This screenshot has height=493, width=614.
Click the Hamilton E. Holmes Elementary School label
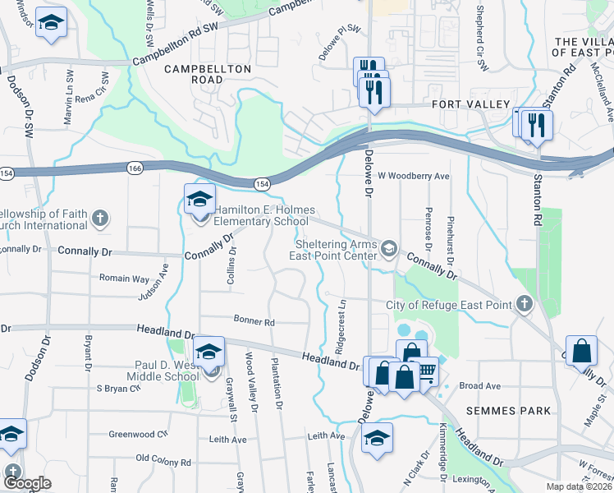click(x=261, y=215)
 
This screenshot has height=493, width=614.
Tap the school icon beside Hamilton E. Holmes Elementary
click(x=199, y=200)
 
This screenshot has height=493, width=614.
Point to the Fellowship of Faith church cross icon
click(x=99, y=219)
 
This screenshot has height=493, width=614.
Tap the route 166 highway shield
click(x=134, y=168)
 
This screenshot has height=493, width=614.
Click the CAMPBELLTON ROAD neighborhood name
click(x=194, y=75)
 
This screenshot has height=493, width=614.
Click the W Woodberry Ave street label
click(x=414, y=176)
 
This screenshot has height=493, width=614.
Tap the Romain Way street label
click(x=124, y=279)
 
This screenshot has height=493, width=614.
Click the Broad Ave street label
click(x=480, y=385)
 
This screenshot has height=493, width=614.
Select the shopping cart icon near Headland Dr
click(x=426, y=372)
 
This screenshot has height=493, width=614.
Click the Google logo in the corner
click(x=28, y=483)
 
